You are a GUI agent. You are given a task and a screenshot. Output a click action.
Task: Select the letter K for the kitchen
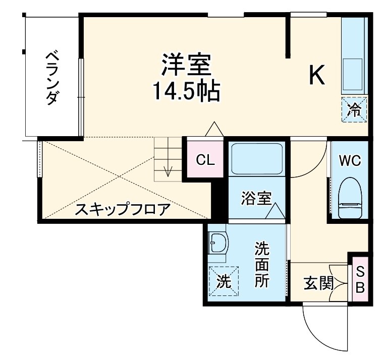point(316,76)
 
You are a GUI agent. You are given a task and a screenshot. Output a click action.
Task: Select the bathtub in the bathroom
point(256,159)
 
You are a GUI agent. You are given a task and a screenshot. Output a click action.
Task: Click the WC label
point(349,161)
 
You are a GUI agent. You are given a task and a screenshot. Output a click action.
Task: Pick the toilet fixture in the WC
point(349,198)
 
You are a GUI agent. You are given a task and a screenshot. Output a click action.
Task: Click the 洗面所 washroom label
point(261,264)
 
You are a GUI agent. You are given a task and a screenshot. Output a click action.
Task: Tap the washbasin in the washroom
point(218,244)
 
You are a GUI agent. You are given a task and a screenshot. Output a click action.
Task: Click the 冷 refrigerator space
point(355,108)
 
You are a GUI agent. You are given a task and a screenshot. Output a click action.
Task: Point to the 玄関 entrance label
point(318,284)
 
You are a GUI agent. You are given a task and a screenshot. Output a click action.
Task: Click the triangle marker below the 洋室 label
point(214,130)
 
